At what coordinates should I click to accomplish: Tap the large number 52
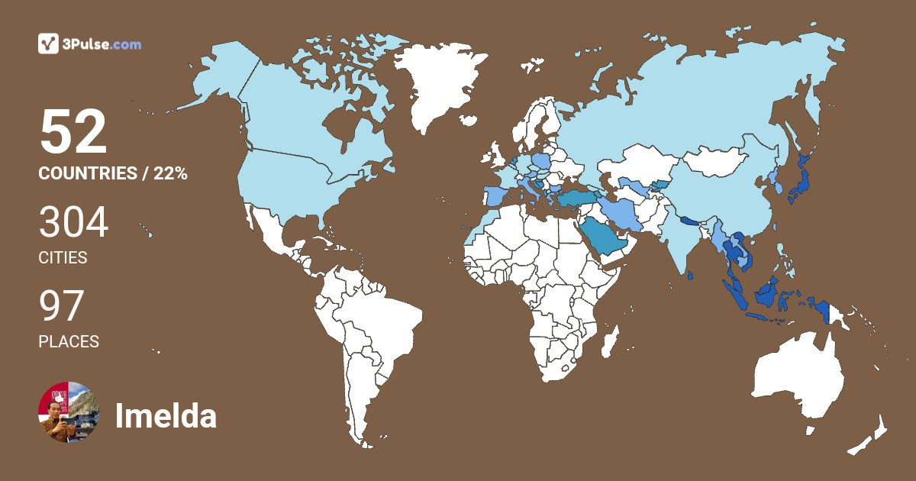tap(73, 133)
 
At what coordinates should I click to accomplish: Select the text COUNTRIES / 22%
tap(113, 173)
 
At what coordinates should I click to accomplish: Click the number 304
tap(74, 224)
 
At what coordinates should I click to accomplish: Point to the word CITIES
tap(63, 258)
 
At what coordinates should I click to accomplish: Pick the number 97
tap(61, 307)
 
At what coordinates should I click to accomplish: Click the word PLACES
tap(69, 342)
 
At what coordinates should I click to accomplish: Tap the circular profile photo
tap(69, 412)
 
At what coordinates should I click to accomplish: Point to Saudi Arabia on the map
tap(603, 237)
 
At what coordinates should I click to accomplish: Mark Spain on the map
tap(495, 198)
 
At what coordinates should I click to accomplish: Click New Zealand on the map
tap(870, 435)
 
